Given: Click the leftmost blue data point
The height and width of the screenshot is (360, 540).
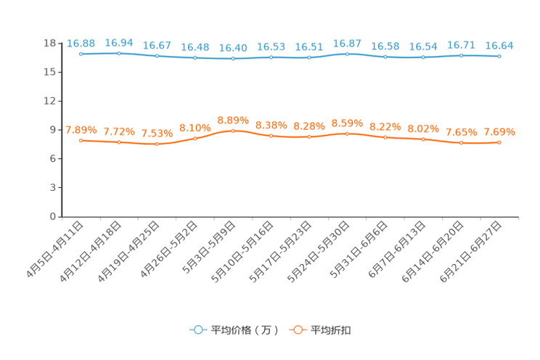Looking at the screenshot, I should tap(81, 54).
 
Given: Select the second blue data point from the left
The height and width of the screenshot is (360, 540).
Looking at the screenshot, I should tap(118, 53).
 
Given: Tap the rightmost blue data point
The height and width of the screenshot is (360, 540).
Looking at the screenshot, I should tap(499, 56).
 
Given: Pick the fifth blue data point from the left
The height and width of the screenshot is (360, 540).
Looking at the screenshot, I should tap(232, 59).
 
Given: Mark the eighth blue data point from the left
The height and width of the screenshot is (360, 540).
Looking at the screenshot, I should tap(347, 54).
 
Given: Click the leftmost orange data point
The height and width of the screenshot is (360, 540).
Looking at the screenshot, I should tap(81, 140).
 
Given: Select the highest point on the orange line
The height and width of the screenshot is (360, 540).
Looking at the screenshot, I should tap(232, 131).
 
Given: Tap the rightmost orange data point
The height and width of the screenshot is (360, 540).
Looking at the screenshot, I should tap(499, 143).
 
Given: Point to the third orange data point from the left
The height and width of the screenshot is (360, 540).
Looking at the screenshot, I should tap(157, 144).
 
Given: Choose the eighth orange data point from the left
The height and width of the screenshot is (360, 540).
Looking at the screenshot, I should tap(347, 134).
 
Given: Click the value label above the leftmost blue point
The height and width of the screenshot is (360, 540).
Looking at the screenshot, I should tap(81, 44).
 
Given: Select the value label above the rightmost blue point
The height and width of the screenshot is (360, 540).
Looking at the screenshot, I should tap(499, 46).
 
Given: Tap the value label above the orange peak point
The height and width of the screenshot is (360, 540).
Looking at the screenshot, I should tap(232, 120).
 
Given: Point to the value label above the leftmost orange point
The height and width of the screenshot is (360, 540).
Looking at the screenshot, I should tap(81, 130).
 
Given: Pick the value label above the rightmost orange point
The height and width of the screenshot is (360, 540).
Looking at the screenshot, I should tap(499, 132).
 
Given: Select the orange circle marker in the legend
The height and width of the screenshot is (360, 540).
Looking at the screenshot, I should tap(298, 330).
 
